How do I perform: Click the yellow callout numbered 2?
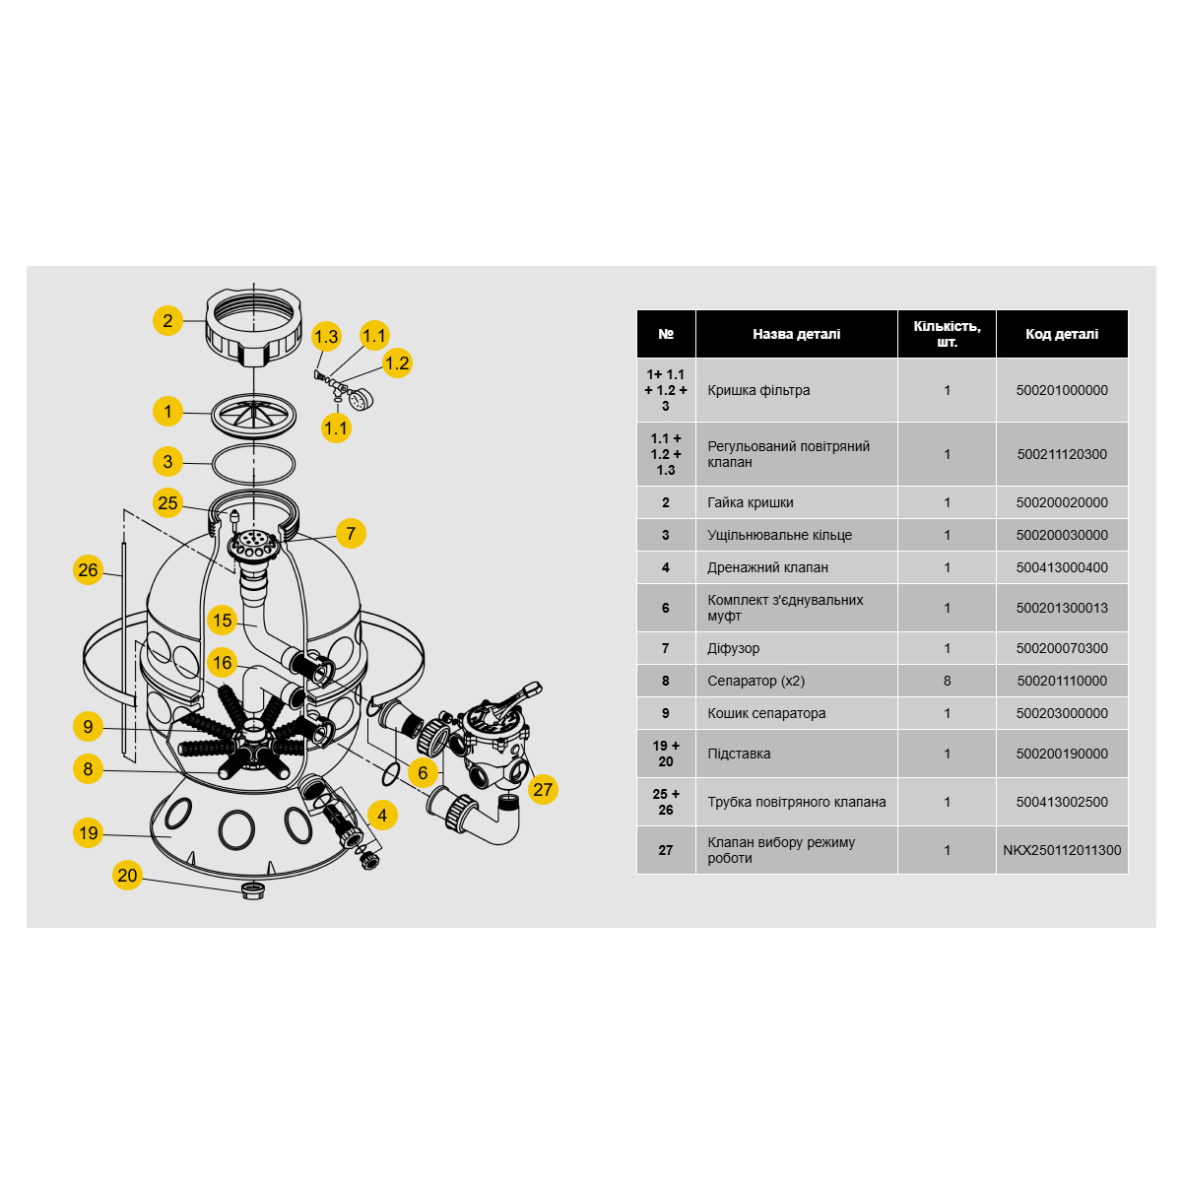167,320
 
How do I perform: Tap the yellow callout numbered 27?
542,789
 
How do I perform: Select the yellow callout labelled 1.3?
326,336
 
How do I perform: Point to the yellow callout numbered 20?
128,875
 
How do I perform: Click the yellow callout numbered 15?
222,621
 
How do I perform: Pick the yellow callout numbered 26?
88,570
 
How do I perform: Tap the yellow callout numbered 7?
351,533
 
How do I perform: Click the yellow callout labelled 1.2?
397,363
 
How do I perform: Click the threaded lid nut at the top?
253,327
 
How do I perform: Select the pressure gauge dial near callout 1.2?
361,399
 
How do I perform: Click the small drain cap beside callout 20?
253,891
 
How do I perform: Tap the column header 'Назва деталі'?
796,334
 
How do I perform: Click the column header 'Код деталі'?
1062,334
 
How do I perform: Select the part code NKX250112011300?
1062,849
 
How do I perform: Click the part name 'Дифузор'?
733,648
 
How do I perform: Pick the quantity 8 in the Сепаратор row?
947,681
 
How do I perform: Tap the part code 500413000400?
1062,567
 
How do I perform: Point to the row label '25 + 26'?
666,801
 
